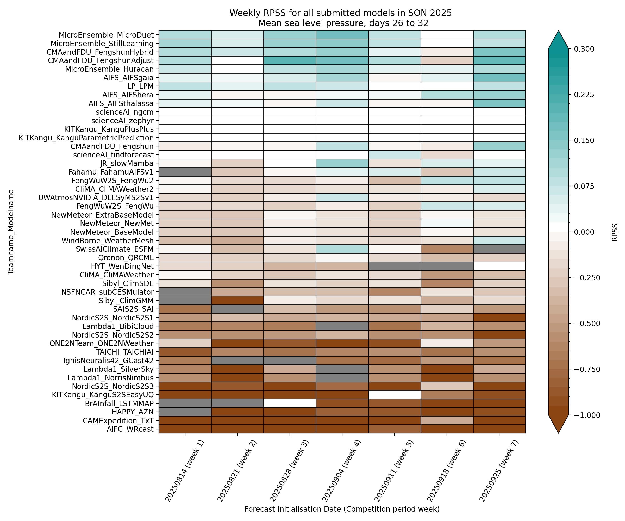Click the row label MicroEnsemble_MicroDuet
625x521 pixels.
pyautogui.click(x=106, y=35)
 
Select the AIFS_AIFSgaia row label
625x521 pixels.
pyautogui.click(x=128, y=78)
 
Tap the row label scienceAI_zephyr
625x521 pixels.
pyautogui.click(x=122, y=121)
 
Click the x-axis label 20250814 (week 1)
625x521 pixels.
pyautogui.click(x=185, y=470)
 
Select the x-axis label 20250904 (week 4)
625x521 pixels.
pyautogui.click(x=342, y=470)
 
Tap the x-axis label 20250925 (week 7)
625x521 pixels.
pyautogui.click(x=499, y=470)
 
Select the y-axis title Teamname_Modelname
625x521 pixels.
pyautogui.click(x=11, y=232)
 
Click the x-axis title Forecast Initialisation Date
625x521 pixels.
pyautogui.click(x=342, y=509)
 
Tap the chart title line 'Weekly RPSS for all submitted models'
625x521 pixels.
pyautogui.click(x=340, y=13)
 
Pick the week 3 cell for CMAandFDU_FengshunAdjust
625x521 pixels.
pyautogui.click(x=290, y=61)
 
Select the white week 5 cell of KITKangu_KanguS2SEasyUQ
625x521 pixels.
pyautogui.click(x=394, y=395)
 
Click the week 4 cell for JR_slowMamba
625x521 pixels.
pyautogui.click(x=342, y=163)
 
